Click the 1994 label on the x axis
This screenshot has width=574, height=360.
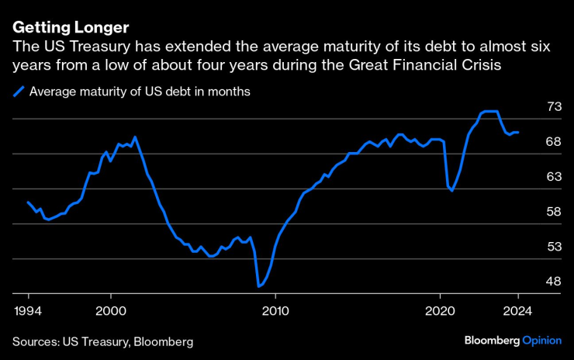[x=28, y=311]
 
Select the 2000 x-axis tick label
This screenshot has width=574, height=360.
[x=111, y=311]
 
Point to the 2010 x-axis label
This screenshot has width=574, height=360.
[x=275, y=311]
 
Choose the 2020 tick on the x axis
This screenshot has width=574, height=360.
[x=441, y=311]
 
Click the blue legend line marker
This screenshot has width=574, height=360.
[x=19, y=92]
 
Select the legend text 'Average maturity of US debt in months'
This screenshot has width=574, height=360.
[x=139, y=92]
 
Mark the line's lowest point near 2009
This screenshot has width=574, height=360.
[x=259, y=286]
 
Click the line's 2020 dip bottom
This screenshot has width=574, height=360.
[x=451, y=191]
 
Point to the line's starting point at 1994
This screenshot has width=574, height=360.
[x=28, y=202]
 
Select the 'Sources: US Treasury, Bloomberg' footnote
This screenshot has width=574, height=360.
[x=102, y=341]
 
